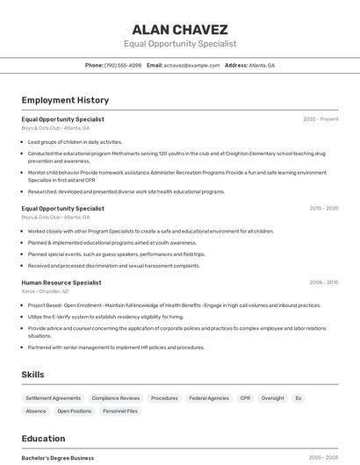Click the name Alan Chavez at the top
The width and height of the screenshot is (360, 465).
[180, 29]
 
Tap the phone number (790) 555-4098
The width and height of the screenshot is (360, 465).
[122, 65]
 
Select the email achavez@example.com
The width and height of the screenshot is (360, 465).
[191, 65]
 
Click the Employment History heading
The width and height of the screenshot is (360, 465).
[65, 100]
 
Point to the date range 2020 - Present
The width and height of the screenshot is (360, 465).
[320, 119]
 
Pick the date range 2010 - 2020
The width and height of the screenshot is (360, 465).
[323, 209]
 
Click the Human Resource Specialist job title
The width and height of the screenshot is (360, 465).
[61, 283]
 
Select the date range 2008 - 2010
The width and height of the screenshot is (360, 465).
[323, 283]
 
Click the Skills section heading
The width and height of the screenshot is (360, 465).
[32, 375]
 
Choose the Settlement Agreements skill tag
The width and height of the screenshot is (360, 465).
[53, 397]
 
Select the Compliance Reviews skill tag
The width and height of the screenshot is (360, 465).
[116, 397]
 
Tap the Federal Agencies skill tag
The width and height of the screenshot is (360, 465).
[209, 397]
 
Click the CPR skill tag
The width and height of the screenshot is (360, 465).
[245, 397]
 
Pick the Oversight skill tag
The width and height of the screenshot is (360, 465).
[273, 397]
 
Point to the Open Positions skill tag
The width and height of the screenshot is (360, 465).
[75, 411]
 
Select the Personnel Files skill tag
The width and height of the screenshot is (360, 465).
[120, 411]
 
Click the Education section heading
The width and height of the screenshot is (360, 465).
[43, 439]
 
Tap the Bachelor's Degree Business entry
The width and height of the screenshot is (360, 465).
[58, 458]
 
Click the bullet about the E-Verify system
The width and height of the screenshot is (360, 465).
[106, 317]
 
